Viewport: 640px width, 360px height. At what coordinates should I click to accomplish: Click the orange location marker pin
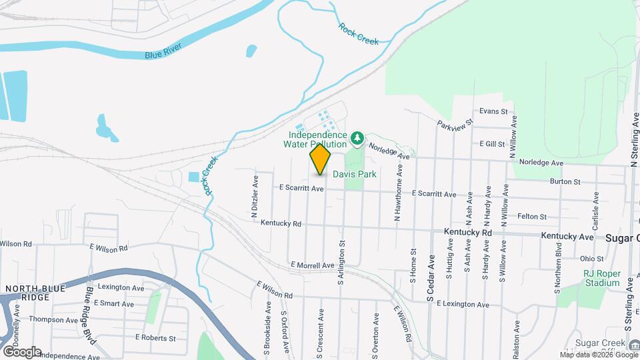320,159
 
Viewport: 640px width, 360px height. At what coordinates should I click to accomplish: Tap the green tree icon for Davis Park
357,138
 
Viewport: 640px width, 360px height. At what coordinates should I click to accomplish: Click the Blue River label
163,51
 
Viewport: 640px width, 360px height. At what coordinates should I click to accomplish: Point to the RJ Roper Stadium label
601,278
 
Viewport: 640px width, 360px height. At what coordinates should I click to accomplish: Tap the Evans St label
494,111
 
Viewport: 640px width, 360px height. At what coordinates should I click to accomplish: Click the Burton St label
565,181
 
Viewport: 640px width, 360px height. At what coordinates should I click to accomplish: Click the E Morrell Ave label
313,265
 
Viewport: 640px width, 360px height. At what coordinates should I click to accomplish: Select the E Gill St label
492,144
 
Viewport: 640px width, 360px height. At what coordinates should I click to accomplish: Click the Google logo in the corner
22,351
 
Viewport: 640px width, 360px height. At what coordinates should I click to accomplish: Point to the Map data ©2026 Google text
598,355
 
